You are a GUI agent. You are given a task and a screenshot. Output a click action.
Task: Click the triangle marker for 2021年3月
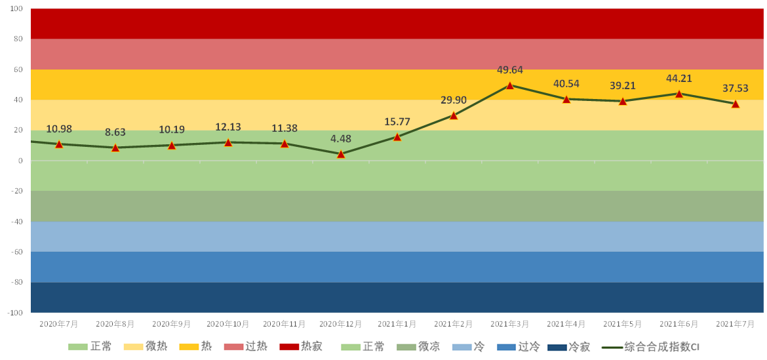click(509, 85)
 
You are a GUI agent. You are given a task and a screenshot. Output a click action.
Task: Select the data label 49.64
click(509, 70)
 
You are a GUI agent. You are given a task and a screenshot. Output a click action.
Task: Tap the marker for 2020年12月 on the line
click(341, 154)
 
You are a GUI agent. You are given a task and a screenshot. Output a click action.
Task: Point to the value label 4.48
click(341, 138)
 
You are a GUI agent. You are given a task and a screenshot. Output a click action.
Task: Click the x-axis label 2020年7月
click(59, 324)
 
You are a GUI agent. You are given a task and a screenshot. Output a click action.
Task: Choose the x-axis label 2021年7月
click(735, 324)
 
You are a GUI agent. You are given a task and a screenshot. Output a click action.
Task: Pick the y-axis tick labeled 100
click(16, 9)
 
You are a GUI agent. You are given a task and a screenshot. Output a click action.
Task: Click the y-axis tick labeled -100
click(14, 313)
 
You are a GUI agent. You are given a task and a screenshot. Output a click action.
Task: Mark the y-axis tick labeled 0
click(20, 161)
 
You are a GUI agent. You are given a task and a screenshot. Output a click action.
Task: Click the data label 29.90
click(454, 100)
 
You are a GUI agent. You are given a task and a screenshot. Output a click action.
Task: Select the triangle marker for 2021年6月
click(678, 94)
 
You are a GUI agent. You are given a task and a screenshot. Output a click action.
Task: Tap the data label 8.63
click(115, 132)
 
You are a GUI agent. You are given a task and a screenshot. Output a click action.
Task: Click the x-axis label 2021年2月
click(453, 324)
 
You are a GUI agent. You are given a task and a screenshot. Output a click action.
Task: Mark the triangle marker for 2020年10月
click(228, 142)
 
